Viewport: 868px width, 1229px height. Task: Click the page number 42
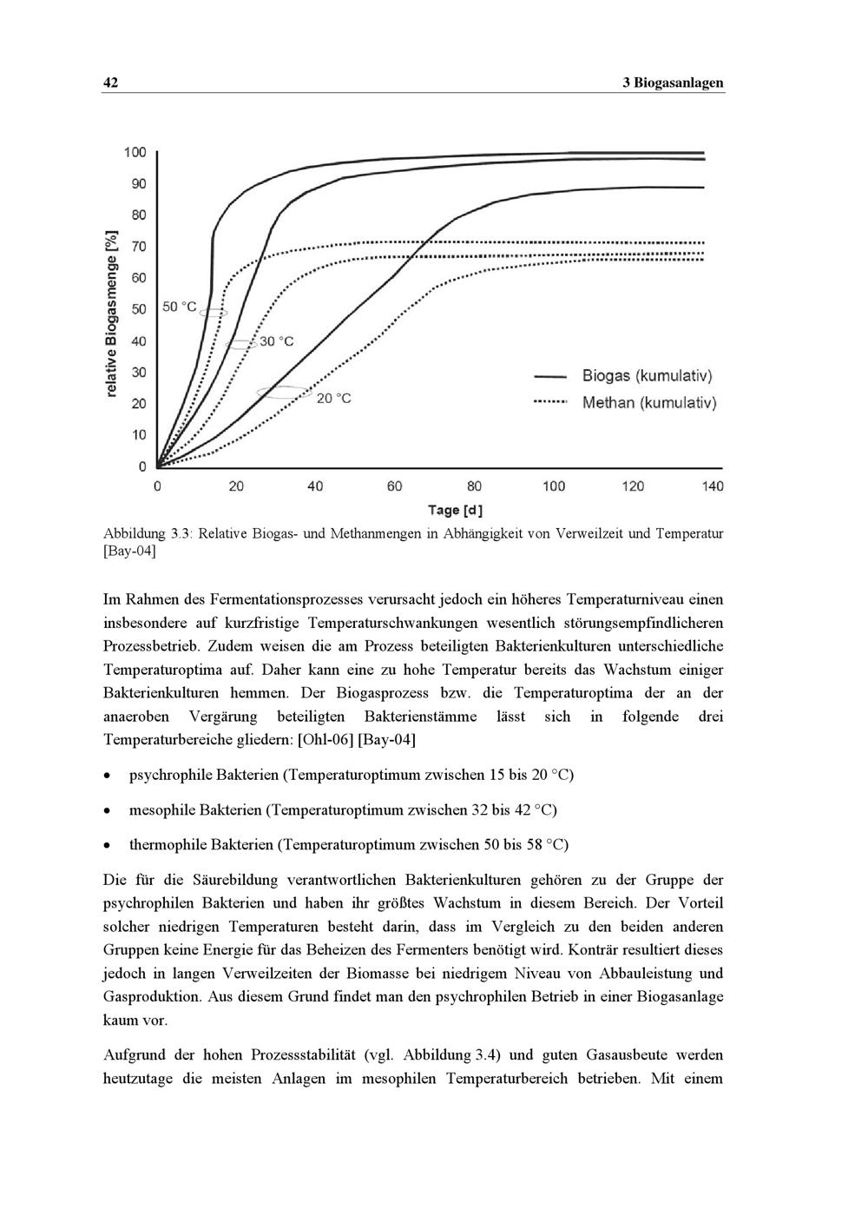[110, 83]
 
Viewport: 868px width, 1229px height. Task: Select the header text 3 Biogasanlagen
[673, 83]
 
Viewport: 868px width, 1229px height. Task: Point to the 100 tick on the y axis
[135, 153]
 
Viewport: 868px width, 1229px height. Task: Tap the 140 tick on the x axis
[713, 486]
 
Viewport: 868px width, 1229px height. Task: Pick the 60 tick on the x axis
[395, 486]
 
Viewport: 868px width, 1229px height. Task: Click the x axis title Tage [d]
[455, 510]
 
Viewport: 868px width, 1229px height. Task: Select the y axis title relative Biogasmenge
[111, 314]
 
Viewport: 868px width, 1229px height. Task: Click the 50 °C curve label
[180, 307]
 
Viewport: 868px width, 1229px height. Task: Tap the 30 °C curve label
[277, 341]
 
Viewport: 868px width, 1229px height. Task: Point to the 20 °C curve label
[333, 398]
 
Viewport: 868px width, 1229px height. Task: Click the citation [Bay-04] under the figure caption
[129, 552]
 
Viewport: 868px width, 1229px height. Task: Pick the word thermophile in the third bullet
[168, 844]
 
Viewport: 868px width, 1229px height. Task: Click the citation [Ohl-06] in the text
[325, 740]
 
